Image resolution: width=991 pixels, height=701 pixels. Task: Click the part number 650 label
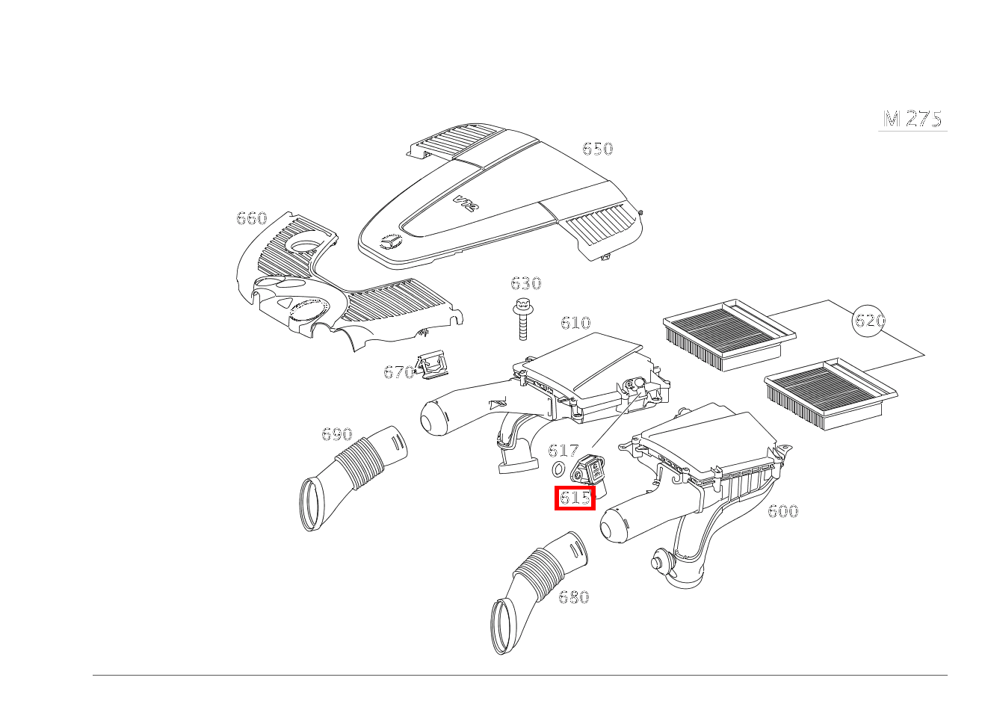[598, 149]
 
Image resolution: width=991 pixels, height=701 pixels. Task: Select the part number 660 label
[252, 218]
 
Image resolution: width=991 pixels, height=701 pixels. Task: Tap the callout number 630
[526, 283]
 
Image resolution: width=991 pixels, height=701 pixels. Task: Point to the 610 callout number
[575, 323]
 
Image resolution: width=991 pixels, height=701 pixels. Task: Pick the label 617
[564, 451]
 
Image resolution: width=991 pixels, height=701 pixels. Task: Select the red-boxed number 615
[575, 498]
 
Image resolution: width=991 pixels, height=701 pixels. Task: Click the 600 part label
[782, 512]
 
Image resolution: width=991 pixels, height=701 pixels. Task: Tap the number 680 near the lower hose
[574, 598]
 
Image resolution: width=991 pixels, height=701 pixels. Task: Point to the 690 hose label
[336, 434]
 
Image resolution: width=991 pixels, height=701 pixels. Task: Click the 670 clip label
[398, 372]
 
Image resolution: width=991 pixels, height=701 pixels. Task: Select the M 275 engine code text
[913, 119]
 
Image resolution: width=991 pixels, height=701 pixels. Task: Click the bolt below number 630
[522, 319]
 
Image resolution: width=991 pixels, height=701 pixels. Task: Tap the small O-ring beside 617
[559, 469]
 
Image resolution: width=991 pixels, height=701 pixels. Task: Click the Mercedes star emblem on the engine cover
[391, 242]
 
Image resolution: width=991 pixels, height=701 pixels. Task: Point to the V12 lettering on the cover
[466, 203]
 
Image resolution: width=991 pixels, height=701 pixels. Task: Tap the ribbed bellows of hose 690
[359, 464]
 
